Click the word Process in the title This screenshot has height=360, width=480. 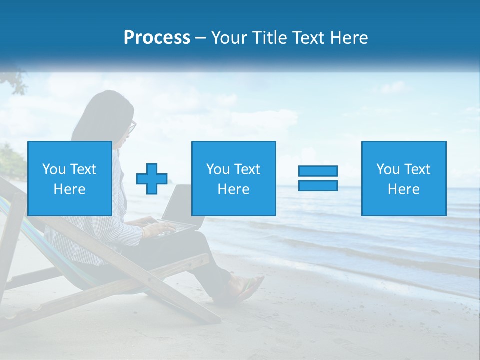click(157, 38)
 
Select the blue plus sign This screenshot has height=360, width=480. click(152, 179)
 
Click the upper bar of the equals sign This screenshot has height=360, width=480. click(318, 171)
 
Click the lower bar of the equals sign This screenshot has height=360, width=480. click(318, 185)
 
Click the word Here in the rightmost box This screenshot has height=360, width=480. click(404, 189)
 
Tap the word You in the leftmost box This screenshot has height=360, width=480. click(54, 169)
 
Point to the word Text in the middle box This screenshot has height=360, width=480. click(247, 169)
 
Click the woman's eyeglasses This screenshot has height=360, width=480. click(132, 127)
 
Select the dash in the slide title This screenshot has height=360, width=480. click(200, 38)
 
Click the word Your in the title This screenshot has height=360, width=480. click(229, 38)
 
